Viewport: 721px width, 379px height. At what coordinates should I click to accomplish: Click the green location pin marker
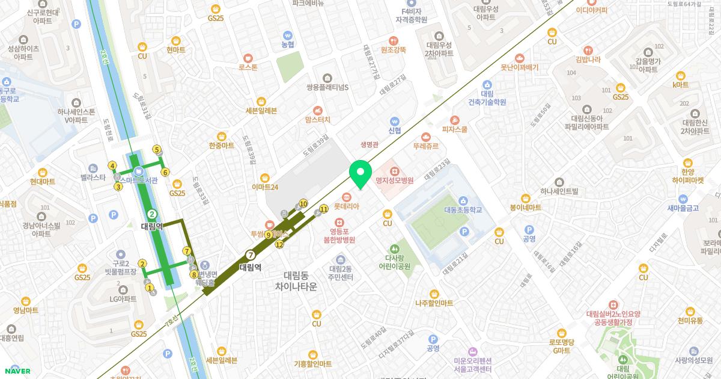(360, 174)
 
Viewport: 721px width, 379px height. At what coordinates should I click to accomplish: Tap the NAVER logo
(16, 371)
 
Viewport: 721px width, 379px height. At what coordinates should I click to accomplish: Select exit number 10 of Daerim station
(303, 203)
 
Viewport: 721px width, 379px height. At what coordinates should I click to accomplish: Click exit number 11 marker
(323, 209)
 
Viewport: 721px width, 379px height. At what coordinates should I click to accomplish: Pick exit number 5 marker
(157, 149)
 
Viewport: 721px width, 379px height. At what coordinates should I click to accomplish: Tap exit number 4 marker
(112, 165)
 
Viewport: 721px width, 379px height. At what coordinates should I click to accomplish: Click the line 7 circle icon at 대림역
(250, 254)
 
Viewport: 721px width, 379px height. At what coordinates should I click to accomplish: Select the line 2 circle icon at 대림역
(152, 214)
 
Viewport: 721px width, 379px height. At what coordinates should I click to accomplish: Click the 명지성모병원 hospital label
(394, 180)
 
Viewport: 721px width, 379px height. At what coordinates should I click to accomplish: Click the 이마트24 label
(265, 187)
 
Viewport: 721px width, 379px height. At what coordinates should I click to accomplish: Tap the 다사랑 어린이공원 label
(394, 260)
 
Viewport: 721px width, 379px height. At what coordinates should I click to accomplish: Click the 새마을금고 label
(683, 208)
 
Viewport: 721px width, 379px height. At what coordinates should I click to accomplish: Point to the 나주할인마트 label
(434, 303)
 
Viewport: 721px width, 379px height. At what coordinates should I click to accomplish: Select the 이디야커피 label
(591, 10)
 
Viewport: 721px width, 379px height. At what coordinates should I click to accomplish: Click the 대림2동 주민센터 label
(341, 273)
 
